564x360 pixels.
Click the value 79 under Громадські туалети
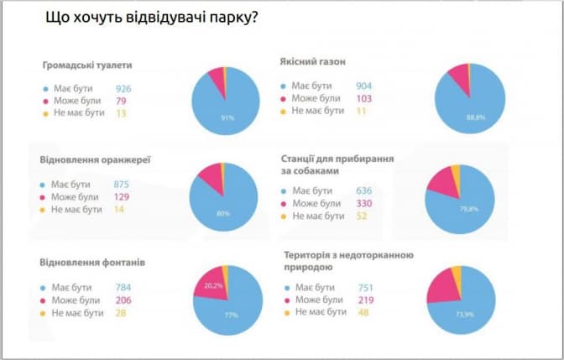[122, 101]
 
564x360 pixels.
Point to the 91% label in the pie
[227, 117]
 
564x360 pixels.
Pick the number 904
[363, 86]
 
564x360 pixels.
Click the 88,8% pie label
[476, 117]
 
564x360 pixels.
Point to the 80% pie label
[223, 213]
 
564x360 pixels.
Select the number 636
[363, 190]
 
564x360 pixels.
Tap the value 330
[363, 203]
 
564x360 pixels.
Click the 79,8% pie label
[468, 208]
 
